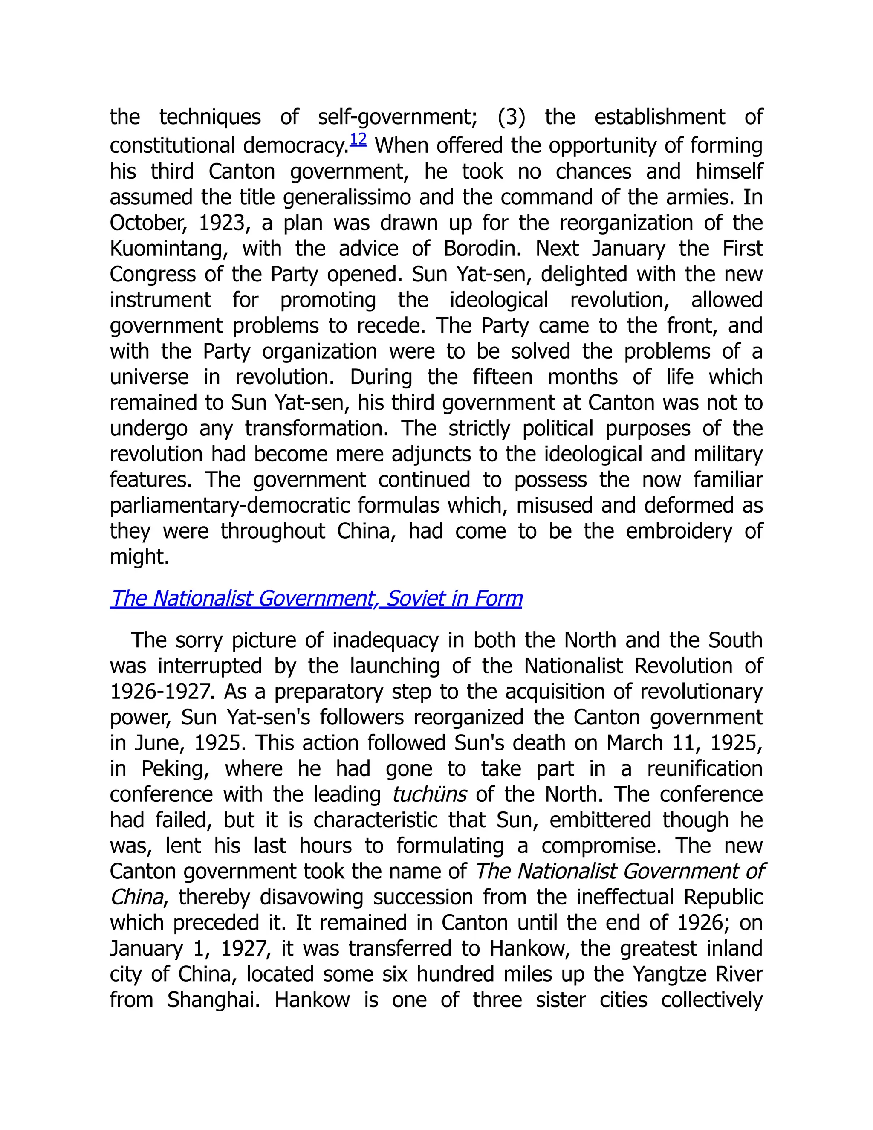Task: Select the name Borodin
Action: click(x=483, y=249)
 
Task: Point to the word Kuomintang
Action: click(x=169, y=249)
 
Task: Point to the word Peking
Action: click(x=175, y=769)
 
